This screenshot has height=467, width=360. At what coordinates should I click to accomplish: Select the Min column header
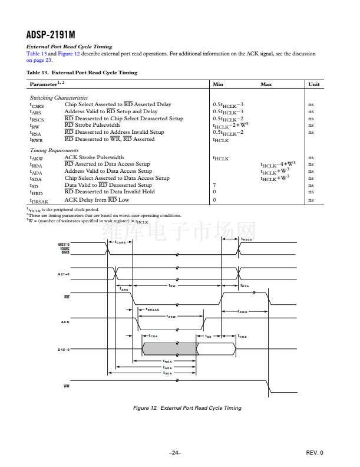(217, 84)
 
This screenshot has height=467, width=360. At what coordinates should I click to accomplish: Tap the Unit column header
(313, 84)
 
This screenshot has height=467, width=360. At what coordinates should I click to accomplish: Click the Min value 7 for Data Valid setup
(214, 185)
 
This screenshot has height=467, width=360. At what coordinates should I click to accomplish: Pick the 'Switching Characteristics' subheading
(58, 97)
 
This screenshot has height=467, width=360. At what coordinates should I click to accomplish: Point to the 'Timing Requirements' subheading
(54, 150)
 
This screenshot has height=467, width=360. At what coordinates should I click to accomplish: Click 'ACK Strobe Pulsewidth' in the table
(94, 157)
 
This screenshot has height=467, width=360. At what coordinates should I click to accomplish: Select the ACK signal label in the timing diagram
(65, 322)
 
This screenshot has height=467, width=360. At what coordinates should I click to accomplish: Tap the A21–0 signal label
(64, 274)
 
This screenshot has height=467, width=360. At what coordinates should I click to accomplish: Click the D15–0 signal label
(64, 350)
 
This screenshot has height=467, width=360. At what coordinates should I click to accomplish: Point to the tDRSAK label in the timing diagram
(152, 309)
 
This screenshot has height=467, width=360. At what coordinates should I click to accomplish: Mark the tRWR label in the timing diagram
(242, 311)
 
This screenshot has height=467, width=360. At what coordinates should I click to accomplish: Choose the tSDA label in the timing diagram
(168, 373)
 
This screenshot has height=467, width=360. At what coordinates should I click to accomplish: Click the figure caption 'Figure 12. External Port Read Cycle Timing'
(187, 408)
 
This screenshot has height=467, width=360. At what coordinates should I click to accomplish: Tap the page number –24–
(174, 453)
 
